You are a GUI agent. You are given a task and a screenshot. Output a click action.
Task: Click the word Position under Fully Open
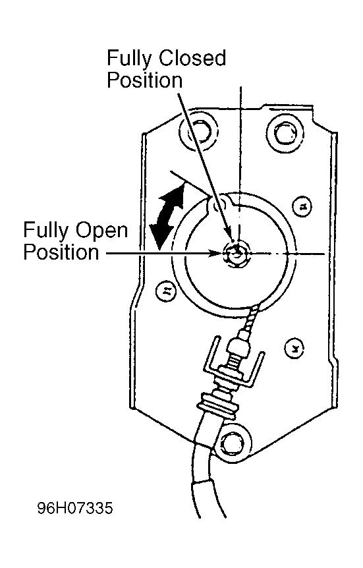61,252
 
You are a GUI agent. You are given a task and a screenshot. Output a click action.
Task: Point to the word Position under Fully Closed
144,80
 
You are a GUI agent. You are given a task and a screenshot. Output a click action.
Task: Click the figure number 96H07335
75,508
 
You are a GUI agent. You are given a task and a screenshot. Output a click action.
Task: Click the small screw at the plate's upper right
302,206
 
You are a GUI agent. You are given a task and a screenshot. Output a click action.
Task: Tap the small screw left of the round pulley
165,290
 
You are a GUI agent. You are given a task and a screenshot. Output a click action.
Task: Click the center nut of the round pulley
236,254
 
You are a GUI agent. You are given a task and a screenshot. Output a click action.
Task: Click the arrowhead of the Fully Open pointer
216,253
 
